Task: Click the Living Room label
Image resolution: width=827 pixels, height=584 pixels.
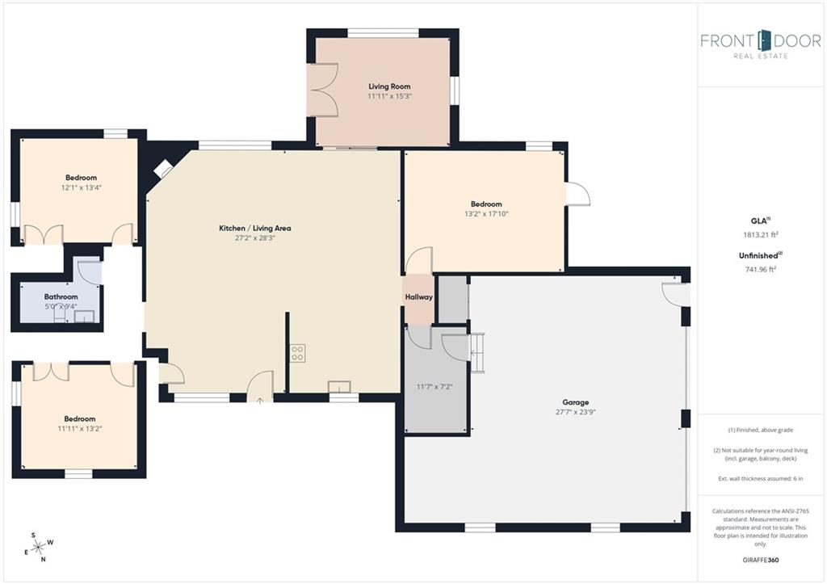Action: coord(389,86)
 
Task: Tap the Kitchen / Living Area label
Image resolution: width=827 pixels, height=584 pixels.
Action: coord(254,229)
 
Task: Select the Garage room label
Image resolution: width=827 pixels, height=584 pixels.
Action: coord(575,402)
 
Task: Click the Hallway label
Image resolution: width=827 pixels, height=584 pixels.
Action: coord(419,297)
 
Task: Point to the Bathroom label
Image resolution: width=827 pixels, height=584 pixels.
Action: coord(61,297)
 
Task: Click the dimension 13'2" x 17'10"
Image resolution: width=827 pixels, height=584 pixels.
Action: coord(486,214)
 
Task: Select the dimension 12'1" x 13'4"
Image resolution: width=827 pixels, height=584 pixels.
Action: coord(82,188)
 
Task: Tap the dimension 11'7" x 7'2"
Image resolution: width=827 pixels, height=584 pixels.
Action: coord(434,387)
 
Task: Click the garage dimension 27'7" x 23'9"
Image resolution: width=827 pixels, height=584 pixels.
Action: coord(575,412)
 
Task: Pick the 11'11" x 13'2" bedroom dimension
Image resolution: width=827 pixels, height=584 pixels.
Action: coord(80,429)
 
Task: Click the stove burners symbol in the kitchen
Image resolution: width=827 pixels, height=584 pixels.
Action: coord(297,353)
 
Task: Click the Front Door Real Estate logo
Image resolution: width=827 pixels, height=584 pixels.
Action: coord(761,44)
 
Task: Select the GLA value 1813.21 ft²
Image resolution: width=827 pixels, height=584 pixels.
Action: coord(761,235)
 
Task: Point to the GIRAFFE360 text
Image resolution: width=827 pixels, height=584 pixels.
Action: coord(760,560)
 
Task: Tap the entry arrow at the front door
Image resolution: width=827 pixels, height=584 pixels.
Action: coord(260,401)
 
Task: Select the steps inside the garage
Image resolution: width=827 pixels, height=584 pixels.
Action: coord(477,353)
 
